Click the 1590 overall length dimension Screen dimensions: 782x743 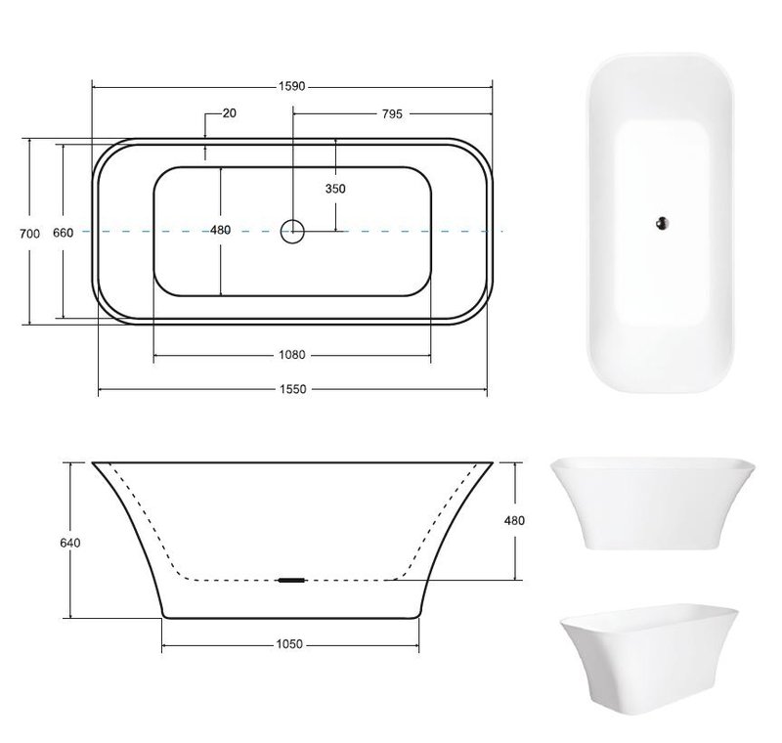(291, 86)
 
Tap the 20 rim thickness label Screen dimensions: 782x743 (230, 113)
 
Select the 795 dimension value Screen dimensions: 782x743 (392, 114)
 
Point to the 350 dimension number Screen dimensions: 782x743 (335, 189)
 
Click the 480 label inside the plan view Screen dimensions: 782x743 (221, 230)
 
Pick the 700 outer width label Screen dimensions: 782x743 (29, 233)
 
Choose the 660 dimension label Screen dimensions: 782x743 (63, 233)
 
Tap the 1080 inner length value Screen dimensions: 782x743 (291, 355)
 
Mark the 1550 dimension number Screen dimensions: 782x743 (292, 389)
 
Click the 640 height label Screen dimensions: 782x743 (69, 543)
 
